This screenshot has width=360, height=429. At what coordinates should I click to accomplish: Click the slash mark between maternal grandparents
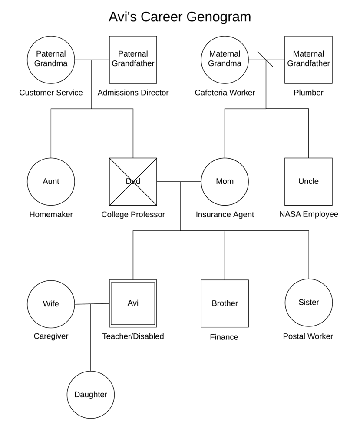pos(266,60)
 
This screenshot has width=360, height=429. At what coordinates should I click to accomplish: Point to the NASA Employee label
pos(309,214)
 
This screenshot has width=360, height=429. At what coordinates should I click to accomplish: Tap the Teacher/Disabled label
pos(133,336)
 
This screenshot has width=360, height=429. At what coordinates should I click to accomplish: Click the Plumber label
pos(309,93)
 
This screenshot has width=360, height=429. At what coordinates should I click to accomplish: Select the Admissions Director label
pos(133,93)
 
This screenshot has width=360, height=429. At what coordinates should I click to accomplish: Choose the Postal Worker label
pos(308,336)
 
